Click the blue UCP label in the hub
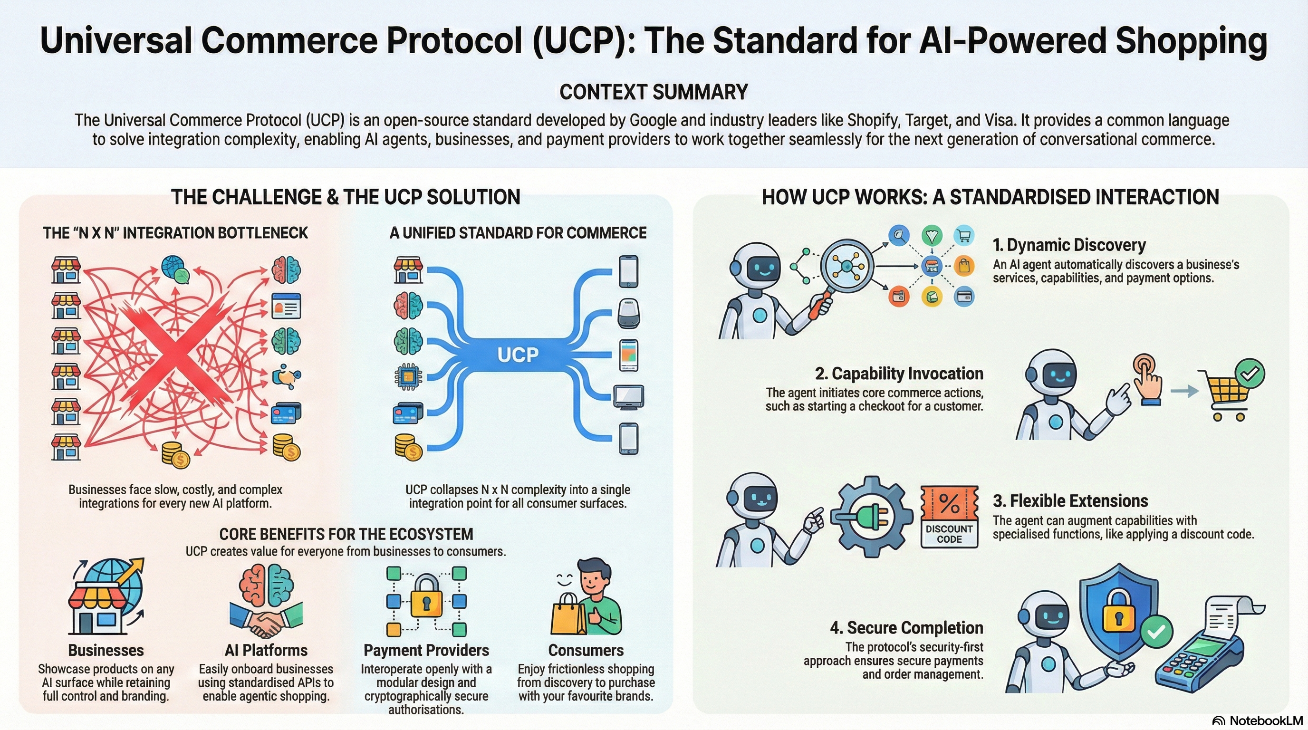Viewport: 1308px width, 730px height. [x=518, y=355]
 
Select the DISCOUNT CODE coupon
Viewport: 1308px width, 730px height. [x=949, y=516]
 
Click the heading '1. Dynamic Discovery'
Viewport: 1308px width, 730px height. [x=1069, y=245]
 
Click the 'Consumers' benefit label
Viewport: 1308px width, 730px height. [x=586, y=650]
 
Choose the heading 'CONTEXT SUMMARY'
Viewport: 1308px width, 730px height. [x=654, y=92]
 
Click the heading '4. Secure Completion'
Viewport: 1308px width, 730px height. [x=906, y=628]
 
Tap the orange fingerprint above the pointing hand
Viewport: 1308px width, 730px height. [x=1144, y=365]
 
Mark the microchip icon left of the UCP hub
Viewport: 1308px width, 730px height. [x=408, y=376]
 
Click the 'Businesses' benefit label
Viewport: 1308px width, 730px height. [x=106, y=650]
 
